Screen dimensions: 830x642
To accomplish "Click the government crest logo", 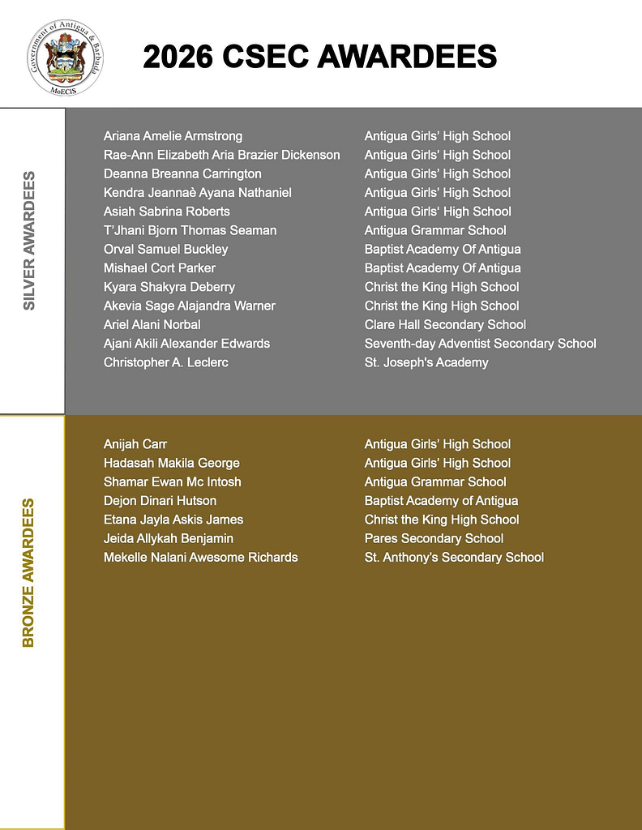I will (65, 57).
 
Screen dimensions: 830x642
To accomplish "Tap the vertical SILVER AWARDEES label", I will (29, 241).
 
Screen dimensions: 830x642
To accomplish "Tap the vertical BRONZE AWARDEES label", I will (29, 572).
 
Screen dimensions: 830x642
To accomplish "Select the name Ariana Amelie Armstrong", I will (173, 136).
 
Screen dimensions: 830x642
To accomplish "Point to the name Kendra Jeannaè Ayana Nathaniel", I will (197, 193).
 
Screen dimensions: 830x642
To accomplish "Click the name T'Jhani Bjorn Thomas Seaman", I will (190, 230).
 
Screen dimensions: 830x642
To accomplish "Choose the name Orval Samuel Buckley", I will (165, 249).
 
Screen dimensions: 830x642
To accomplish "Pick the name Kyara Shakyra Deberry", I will (169, 287).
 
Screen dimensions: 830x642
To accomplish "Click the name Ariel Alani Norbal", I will (152, 324).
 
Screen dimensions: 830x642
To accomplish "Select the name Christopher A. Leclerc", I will (165, 362).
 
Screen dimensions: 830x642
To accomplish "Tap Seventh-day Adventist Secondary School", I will (480, 344).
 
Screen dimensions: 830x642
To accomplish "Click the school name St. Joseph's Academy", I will (426, 362).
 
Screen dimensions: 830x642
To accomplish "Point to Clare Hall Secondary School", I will (445, 324).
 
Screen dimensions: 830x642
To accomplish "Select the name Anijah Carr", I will (135, 444).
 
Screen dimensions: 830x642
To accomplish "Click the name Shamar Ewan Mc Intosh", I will (172, 481).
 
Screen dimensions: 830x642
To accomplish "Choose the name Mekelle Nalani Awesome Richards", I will (200, 557).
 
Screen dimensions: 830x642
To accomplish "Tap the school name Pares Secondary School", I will (434, 538).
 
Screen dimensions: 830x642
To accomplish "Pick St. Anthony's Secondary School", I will (454, 557).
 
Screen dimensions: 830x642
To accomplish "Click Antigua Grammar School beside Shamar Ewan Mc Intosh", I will (435, 481).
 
